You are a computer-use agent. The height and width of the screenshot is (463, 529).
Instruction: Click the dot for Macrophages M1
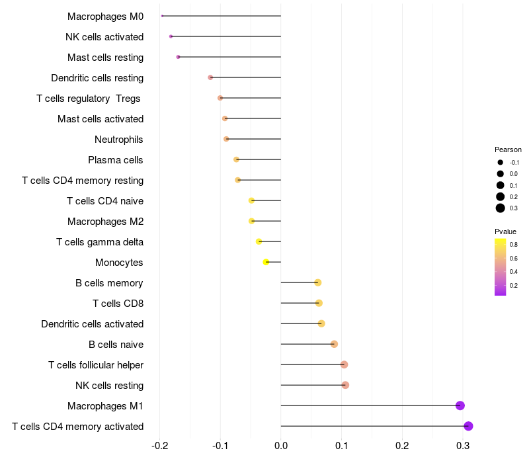point(460,405)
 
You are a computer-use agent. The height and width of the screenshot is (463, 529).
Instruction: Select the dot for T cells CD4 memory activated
point(468,426)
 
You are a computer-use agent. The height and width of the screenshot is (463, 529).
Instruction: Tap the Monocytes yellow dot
point(266,262)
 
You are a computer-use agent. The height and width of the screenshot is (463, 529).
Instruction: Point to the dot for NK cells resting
point(345,385)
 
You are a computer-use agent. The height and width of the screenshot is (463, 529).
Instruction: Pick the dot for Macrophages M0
point(162,16)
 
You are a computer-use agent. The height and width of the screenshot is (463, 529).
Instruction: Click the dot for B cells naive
point(334,344)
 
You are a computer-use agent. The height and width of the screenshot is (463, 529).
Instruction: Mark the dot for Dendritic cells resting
point(210,77)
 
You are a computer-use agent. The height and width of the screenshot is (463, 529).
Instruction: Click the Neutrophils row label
point(119,140)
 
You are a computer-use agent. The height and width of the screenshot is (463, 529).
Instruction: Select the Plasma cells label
point(116,160)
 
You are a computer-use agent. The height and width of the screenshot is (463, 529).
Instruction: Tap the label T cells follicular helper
point(96,365)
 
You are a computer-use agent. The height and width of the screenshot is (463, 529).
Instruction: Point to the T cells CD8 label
point(118,304)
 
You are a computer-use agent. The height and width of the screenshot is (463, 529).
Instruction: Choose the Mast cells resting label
point(105,58)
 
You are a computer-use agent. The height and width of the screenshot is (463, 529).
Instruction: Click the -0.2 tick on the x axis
point(159,446)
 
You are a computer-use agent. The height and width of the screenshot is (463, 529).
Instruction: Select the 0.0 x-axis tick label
point(281,446)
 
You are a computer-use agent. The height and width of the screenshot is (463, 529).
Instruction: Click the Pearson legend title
point(508,149)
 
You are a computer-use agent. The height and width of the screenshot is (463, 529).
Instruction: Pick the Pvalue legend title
point(505,232)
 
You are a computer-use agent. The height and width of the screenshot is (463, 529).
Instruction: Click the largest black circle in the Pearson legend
point(501,208)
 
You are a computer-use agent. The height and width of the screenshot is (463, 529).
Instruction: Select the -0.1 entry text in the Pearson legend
point(514,162)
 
